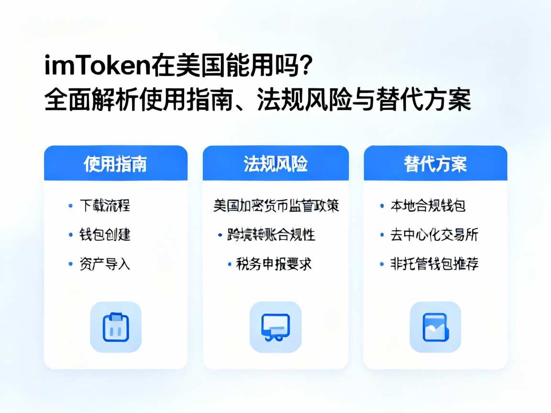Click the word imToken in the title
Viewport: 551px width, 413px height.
[98, 66]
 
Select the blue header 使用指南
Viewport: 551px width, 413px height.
[115, 163]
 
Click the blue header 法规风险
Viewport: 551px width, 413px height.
[275, 163]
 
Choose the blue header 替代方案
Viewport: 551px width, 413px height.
[435, 163]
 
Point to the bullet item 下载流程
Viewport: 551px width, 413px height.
[104, 206]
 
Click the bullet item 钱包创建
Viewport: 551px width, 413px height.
[105, 235]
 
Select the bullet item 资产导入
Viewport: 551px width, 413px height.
[105, 264]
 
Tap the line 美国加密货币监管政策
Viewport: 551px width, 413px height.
[276, 206]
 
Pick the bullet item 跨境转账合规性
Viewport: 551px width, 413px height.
[271, 235]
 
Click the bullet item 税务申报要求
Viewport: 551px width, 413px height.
[274, 264]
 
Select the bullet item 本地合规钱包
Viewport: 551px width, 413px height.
[428, 206]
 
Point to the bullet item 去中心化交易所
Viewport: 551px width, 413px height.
[434, 235]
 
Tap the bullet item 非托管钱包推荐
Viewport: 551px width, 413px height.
[434, 264]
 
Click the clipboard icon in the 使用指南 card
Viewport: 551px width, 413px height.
[116, 327]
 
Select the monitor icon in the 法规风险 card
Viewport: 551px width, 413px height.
[275, 327]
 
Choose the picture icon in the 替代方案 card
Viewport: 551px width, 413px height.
[435, 327]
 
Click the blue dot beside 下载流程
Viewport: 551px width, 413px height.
[71, 206]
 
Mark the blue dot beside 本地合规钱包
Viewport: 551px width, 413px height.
[382, 206]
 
